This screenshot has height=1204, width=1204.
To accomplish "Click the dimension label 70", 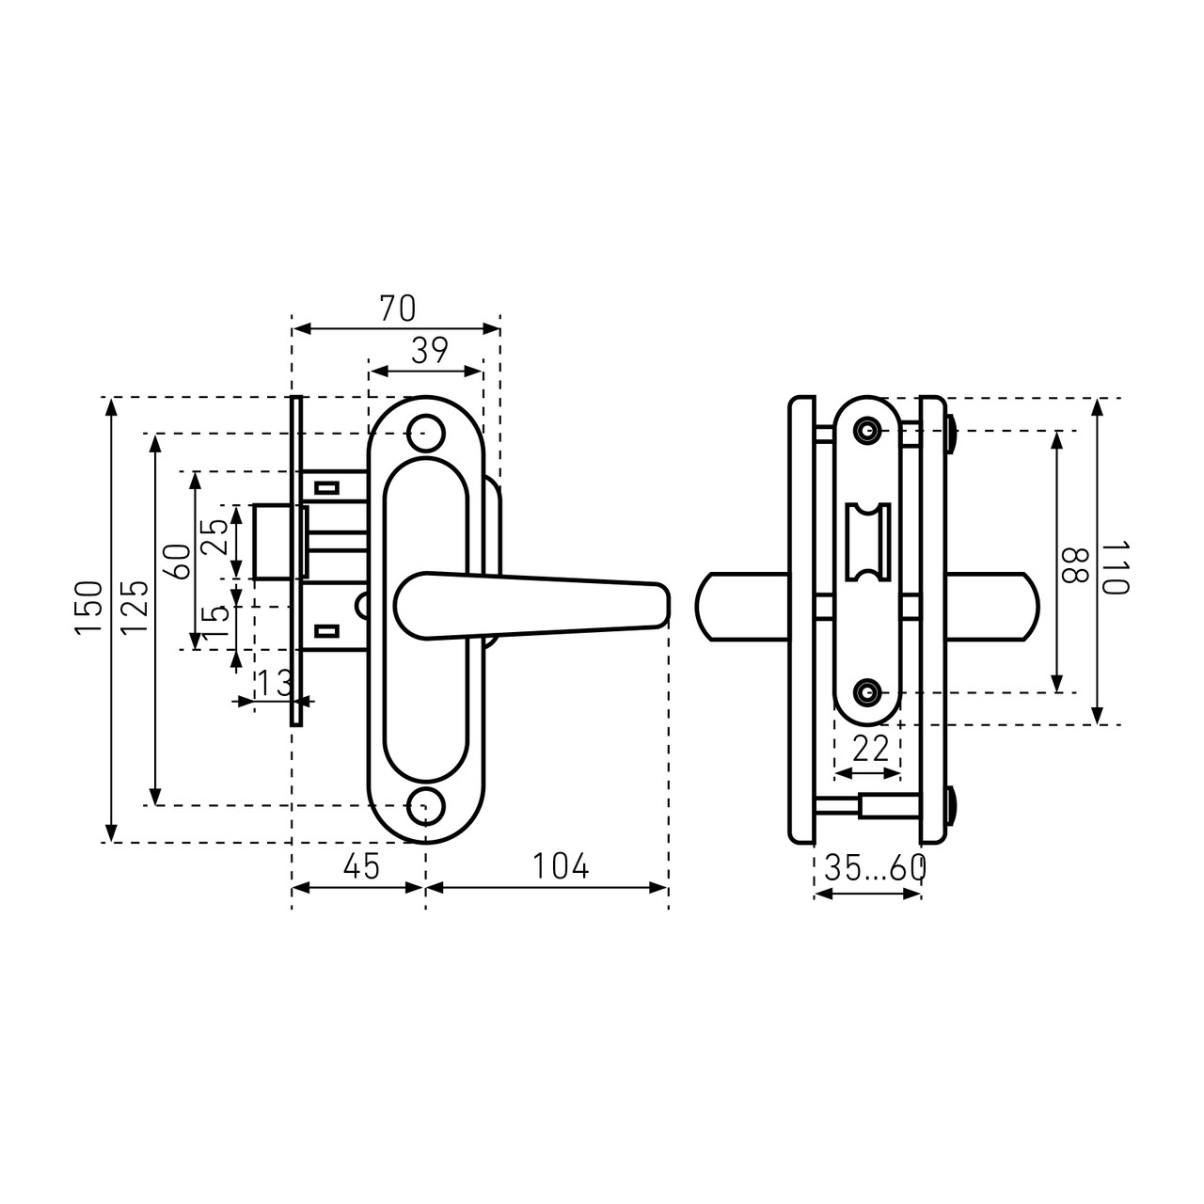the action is (x=398, y=309).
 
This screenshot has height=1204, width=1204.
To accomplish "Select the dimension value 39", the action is (x=430, y=351).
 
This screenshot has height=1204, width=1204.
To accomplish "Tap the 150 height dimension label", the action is (x=88, y=608).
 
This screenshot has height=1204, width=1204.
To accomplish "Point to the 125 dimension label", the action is (x=135, y=608).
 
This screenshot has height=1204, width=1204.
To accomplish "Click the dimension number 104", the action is (x=561, y=866).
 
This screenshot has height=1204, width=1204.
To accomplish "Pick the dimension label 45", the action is (x=361, y=866).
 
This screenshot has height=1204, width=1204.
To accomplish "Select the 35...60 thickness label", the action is (x=876, y=868).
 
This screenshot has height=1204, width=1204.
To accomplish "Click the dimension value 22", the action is (x=870, y=749).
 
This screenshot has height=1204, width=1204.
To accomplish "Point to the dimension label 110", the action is (x=1115, y=568).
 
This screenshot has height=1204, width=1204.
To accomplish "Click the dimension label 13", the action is (x=275, y=683).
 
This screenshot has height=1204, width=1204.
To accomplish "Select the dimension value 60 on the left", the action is (x=180, y=562).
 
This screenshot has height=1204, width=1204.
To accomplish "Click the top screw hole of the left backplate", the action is (x=426, y=433).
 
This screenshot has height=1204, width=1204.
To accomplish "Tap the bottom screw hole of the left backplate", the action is (x=426, y=805).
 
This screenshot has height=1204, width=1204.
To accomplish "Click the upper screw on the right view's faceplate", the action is (x=868, y=431).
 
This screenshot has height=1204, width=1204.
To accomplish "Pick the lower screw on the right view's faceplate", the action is (x=868, y=691).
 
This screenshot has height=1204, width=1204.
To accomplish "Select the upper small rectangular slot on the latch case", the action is (x=326, y=487).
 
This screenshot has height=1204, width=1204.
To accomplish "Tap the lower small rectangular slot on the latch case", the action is (x=326, y=631).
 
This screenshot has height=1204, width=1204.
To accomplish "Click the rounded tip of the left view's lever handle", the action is (x=666, y=605).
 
